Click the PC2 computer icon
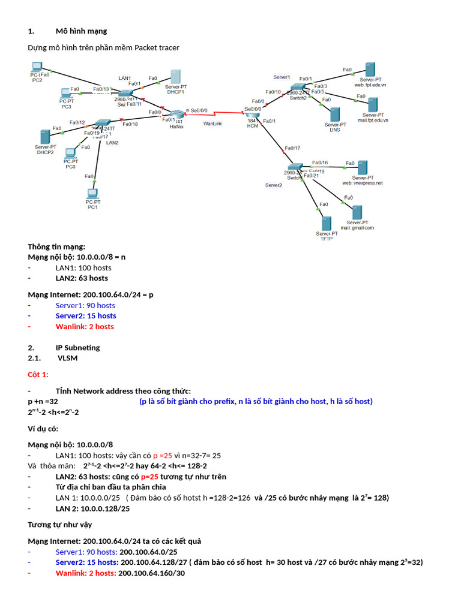coord(37,67)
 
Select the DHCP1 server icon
coord(176,76)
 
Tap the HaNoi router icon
coord(176,114)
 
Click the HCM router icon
coord(252,115)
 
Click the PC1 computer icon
coord(92,193)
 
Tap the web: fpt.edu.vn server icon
coord(370,69)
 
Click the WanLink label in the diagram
coord(212,124)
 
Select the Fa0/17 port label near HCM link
coord(292,148)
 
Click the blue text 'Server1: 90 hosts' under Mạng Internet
coord(85,305)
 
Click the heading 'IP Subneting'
coord(77,348)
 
